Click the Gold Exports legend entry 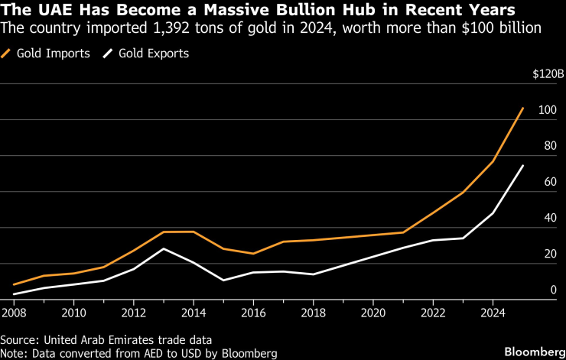pos(150,54)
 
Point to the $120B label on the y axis pos(548,74)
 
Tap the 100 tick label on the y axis pos(546,110)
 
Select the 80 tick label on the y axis pos(549,146)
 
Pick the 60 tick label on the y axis pos(549,182)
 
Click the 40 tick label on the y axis pos(549,218)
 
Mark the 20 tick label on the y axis pos(549,254)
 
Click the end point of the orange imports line pos(523,109)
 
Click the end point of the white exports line pos(523,166)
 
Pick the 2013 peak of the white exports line pos(164,249)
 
